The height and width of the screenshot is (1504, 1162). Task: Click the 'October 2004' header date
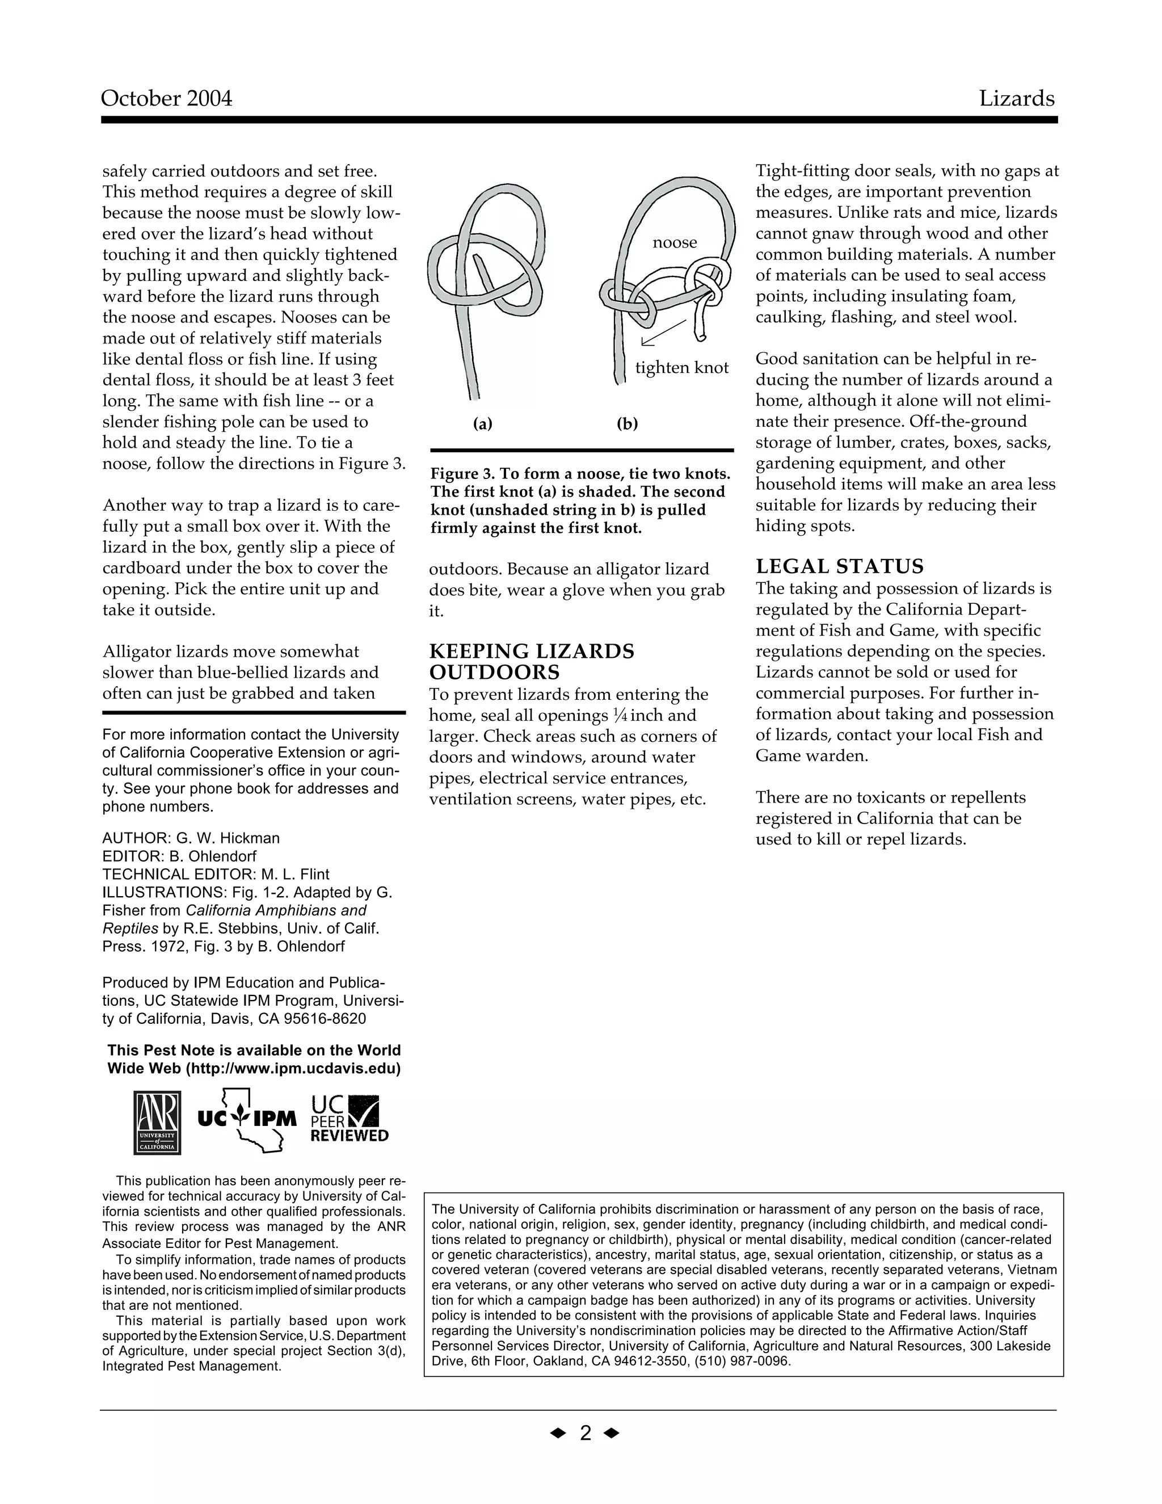point(167,99)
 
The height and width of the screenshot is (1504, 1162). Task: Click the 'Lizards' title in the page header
point(1016,99)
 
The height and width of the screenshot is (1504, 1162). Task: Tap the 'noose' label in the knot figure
point(675,242)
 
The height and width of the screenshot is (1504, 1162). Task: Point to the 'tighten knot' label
point(681,368)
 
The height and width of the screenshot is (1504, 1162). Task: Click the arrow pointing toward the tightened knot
point(662,333)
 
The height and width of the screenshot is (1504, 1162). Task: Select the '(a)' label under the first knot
point(483,424)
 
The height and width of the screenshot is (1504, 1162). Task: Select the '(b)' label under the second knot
point(627,424)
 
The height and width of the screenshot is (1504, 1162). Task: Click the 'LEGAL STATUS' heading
point(839,567)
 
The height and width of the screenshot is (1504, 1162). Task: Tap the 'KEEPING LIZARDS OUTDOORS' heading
point(532,662)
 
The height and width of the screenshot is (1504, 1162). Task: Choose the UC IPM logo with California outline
point(246,1121)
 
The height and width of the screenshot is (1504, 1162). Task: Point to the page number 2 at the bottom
point(585,1434)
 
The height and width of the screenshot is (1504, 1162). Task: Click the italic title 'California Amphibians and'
point(276,910)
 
